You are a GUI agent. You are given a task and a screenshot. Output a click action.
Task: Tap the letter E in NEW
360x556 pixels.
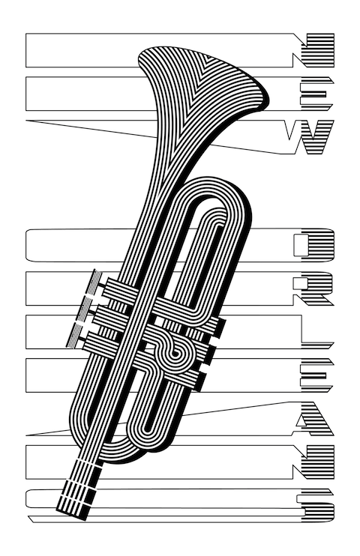[316, 93]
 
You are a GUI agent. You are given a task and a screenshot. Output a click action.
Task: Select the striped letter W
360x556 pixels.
[309, 137]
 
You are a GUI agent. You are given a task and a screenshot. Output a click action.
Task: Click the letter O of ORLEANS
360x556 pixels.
[313, 245]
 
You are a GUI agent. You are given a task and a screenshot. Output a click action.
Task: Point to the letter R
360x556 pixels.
[313, 288]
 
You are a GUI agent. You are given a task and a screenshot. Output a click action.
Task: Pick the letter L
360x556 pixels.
[316, 332]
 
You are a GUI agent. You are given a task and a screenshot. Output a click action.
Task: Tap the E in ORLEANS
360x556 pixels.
[316, 375]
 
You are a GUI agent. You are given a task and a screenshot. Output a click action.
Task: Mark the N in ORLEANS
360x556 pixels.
[313, 462]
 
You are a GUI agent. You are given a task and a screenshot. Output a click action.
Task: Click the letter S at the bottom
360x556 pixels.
[315, 505]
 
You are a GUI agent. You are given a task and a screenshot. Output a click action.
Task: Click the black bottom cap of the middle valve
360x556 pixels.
[212, 354]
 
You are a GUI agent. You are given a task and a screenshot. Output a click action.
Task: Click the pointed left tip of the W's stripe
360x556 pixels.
[26, 121]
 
